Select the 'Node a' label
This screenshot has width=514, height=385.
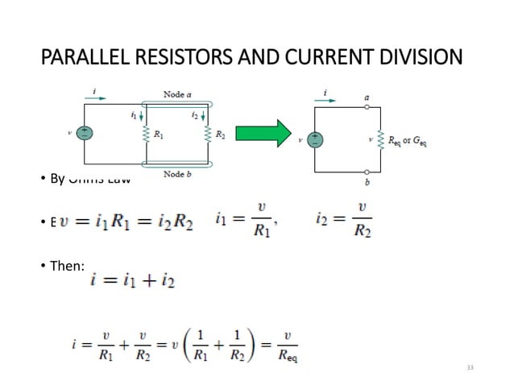pyautogui.click(x=177, y=94)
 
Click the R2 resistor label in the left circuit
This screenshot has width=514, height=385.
pyautogui.click(x=220, y=135)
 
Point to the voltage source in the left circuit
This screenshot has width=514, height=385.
pyautogui.click(x=84, y=133)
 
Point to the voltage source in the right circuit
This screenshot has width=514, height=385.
pyautogui.click(x=316, y=139)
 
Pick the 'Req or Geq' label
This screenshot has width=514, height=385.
pyautogui.click(x=408, y=140)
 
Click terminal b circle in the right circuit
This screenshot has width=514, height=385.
pyautogui.click(x=367, y=172)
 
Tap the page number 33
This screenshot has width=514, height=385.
pyautogui.click(x=470, y=367)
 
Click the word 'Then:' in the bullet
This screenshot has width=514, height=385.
pyautogui.click(x=67, y=265)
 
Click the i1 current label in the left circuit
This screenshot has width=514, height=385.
pyautogui.click(x=134, y=115)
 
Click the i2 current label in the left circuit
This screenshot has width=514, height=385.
pyautogui.click(x=195, y=115)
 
